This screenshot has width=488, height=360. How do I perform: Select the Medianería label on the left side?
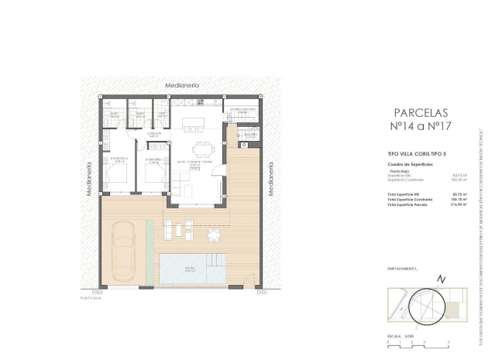pos(90,181)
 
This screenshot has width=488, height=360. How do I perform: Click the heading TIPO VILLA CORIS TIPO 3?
pos(413,155)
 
